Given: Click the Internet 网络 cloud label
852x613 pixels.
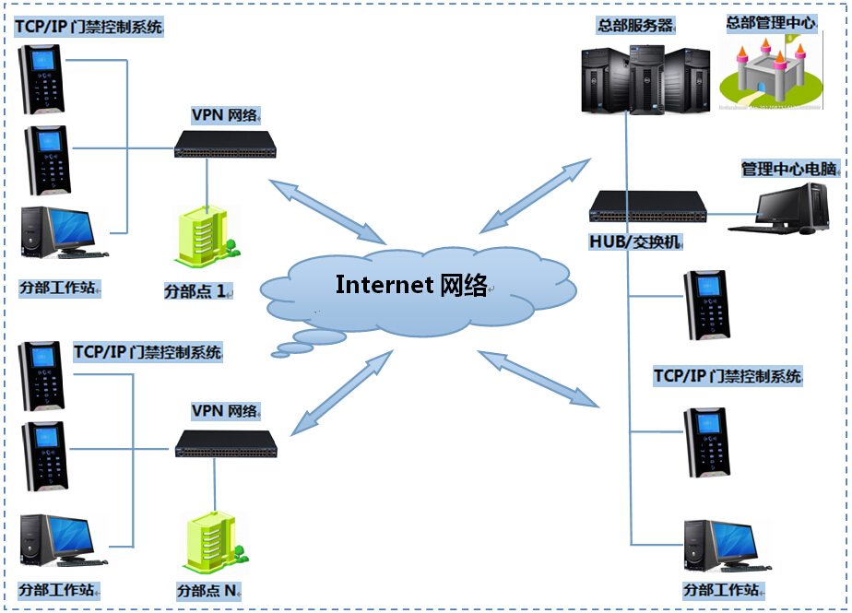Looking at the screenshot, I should [x=411, y=284].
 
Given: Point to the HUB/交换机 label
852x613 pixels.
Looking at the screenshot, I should [x=636, y=242].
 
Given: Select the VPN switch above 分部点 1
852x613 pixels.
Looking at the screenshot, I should [x=225, y=144].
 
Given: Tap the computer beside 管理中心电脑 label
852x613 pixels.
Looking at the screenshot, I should [x=783, y=207].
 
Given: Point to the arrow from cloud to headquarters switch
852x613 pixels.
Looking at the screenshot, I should [x=536, y=195].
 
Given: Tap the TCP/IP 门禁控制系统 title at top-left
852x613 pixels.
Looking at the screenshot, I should [x=89, y=27].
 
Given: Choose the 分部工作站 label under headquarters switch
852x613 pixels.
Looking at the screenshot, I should [x=724, y=589].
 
